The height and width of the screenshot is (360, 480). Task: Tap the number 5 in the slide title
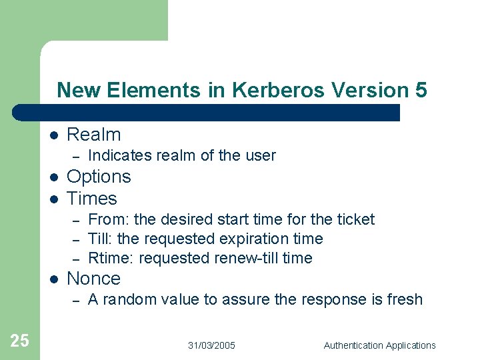point(421,90)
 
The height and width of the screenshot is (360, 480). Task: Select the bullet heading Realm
point(94,135)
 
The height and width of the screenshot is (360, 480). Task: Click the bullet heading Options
point(99,177)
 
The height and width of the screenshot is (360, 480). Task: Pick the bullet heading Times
point(92,199)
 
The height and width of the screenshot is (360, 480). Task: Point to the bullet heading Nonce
point(94,279)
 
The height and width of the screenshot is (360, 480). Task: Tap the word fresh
point(405,300)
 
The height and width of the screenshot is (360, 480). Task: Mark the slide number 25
point(20,341)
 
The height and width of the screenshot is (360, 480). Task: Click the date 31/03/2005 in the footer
point(211,345)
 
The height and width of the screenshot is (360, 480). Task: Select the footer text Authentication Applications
point(379,345)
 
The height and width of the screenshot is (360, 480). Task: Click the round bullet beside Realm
point(53,135)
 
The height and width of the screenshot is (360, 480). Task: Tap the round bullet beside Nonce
point(53,279)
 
